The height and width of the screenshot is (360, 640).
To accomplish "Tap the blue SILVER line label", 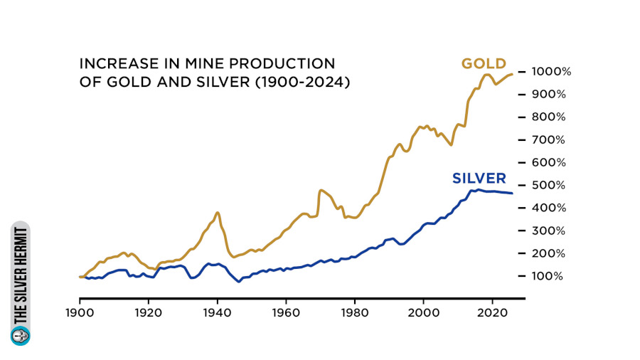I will tap(479, 178).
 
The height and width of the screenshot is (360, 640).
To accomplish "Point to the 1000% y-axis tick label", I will tap(545, 72).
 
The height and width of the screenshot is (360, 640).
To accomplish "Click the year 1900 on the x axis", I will tap(80, 312).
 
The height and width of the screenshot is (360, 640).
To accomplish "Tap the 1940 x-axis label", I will tap(217, 312).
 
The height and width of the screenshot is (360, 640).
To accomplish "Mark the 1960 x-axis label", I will tap(286, 312).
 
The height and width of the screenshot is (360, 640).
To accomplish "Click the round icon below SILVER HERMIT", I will tap(21, 335).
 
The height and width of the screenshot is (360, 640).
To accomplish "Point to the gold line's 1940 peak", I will tap(217, 212).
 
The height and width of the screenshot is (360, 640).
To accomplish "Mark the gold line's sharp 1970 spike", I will tap(321, 190).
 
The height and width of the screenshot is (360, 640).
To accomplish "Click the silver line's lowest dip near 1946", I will tap(239, 282).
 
